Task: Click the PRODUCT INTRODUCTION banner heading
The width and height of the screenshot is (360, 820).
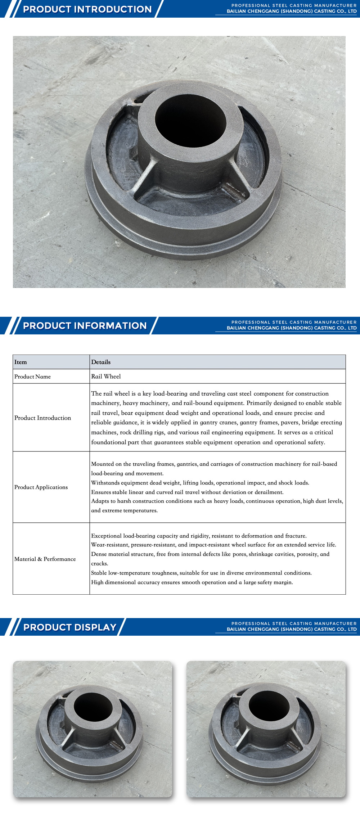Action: (x=87, y=9)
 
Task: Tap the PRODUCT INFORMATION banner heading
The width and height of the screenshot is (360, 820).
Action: (x=85, y=326)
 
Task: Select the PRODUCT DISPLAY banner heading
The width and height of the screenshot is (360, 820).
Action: (x=70, y=627)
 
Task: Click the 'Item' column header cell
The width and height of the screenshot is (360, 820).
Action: (x=21, y=362)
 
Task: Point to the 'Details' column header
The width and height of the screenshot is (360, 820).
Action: (x=101, y=362)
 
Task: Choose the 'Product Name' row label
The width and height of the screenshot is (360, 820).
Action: (x=33, y=377)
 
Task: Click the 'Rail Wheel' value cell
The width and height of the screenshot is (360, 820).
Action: (x=106, y=377)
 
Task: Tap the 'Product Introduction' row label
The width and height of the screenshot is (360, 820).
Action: (x=43, y=418)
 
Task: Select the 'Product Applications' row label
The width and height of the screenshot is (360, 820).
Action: (x=41, y=487)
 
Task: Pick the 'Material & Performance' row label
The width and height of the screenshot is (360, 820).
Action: (x=45, y=559)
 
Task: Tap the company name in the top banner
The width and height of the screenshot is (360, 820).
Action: (x=292, y=12)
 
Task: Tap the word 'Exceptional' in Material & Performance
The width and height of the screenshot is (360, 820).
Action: (x=106, y=536)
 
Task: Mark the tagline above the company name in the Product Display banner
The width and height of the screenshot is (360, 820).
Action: (x=294, y=623)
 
